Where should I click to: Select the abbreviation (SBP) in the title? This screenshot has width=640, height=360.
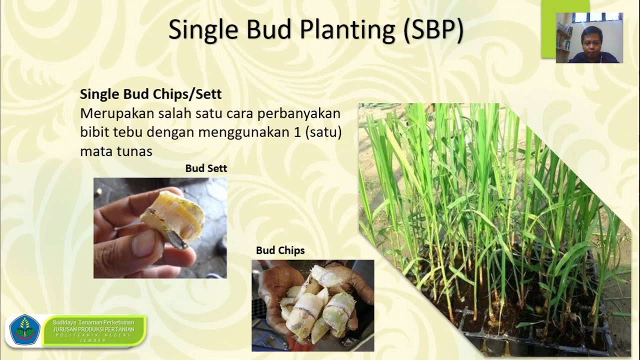coord(433,30)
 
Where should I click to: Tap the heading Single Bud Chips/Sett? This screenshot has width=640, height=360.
coord(150,94)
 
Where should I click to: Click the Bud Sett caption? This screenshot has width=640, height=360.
coord(206,168)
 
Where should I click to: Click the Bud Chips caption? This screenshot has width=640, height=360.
coord(280,250)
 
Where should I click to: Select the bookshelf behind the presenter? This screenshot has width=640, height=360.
coord(563,40)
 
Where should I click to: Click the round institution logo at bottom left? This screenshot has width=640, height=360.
coord(24,330)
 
